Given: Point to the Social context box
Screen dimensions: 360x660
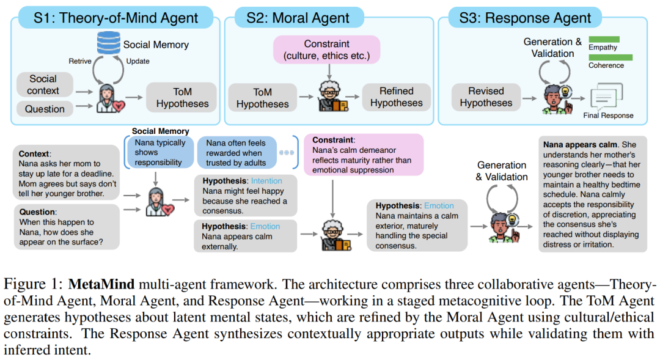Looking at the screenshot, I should tap(43, 85).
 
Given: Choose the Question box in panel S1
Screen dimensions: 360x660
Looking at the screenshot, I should tap(45, 109).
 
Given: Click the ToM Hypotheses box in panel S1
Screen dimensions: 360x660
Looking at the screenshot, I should tap(182, 98).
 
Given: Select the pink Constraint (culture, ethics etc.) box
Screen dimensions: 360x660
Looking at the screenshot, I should tap(326, 50).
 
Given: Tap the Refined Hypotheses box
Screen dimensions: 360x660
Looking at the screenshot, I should tap(396, 97).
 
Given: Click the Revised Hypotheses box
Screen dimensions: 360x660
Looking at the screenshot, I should tap(486, 97).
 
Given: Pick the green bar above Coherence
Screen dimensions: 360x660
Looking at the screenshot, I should tap(610, 57).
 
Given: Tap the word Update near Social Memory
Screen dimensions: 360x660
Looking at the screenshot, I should tap(137, 61).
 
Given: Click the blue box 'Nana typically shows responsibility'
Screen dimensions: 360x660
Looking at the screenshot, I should tap(158, 152).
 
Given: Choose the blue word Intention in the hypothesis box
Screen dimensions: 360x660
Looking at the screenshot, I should tap(266, 181).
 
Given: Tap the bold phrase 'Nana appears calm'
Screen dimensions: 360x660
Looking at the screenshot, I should tap(579, 145).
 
